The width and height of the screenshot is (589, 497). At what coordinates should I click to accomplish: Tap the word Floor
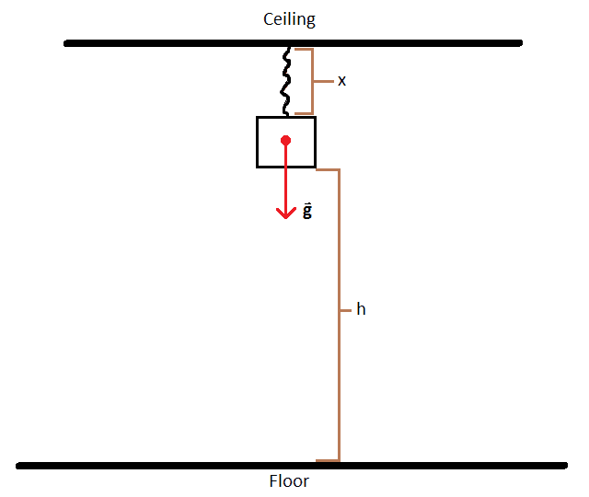(x=289, y=481)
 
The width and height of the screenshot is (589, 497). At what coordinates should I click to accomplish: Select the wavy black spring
(x=287, y=81)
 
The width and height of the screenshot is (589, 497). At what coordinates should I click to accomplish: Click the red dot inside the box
(x=286, y=141)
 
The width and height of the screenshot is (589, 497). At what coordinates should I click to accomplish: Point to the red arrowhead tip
(x=286, y=218)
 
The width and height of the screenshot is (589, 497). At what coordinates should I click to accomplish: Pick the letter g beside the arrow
(x=307, y=211)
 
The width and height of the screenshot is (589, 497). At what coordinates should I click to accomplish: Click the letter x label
(x=341, y=81)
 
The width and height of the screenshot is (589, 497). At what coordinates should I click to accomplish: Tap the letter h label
(x=361, y=309)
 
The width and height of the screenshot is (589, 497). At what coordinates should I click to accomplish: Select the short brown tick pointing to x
(x=321, y=81)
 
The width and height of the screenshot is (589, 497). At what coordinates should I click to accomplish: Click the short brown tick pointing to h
(x=345, y=309)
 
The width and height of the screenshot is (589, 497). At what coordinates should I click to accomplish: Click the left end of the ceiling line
(x=67, y=42)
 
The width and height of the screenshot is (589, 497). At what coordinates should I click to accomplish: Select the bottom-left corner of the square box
(x=258, y=167)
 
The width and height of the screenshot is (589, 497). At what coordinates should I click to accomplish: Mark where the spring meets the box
(x=286, y=116)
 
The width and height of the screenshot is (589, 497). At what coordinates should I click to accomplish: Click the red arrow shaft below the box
(x=286, y=189)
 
